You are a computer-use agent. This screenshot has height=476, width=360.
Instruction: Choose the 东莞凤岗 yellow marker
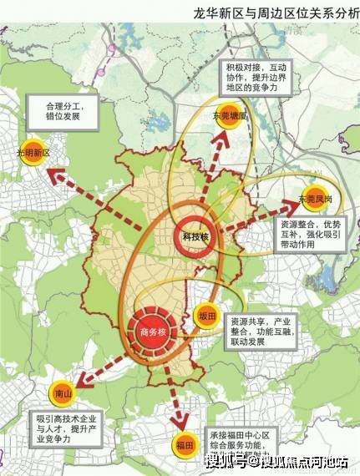(317, 198)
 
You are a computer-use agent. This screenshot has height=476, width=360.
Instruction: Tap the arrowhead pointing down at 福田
(177, 420)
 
